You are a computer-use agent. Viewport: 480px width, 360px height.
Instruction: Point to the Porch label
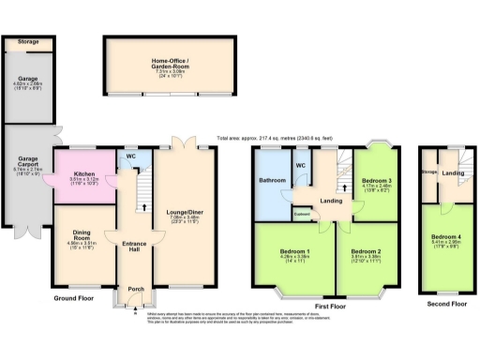[136, 289]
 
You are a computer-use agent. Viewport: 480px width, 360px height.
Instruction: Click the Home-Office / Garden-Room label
[170, 64]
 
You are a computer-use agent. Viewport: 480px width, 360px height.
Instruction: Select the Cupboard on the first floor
[303, 214]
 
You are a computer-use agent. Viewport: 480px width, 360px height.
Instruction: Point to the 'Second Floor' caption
[445, 303]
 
